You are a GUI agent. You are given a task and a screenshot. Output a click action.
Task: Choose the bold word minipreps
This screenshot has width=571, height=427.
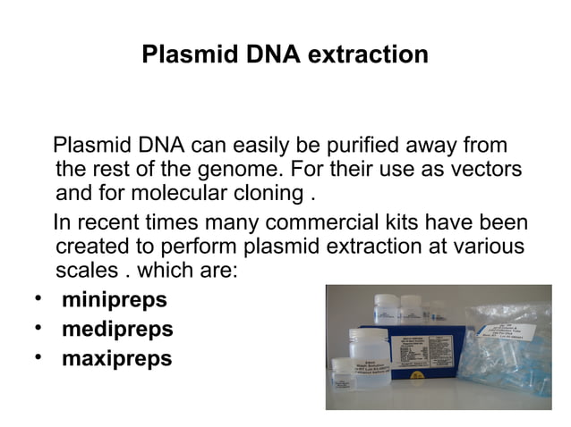point(114,299)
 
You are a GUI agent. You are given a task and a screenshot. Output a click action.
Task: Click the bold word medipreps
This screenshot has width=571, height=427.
point(117,330)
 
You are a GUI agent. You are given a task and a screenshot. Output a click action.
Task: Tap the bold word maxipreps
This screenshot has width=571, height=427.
point(116,359)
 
